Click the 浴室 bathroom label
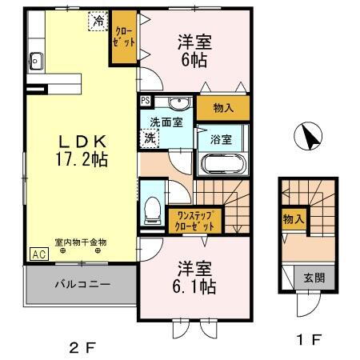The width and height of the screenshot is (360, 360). click(221, 138)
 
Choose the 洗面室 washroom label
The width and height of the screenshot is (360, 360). click(165, 123)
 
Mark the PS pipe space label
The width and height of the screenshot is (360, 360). click(145, 101)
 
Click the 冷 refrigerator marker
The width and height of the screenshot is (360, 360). click(98, 22)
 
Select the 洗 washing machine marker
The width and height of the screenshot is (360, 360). click(150, 138)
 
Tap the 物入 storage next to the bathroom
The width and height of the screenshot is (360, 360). click(222, 108)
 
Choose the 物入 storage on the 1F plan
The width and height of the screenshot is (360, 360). click(293, 218)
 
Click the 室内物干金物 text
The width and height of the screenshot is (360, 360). click(81, 242)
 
